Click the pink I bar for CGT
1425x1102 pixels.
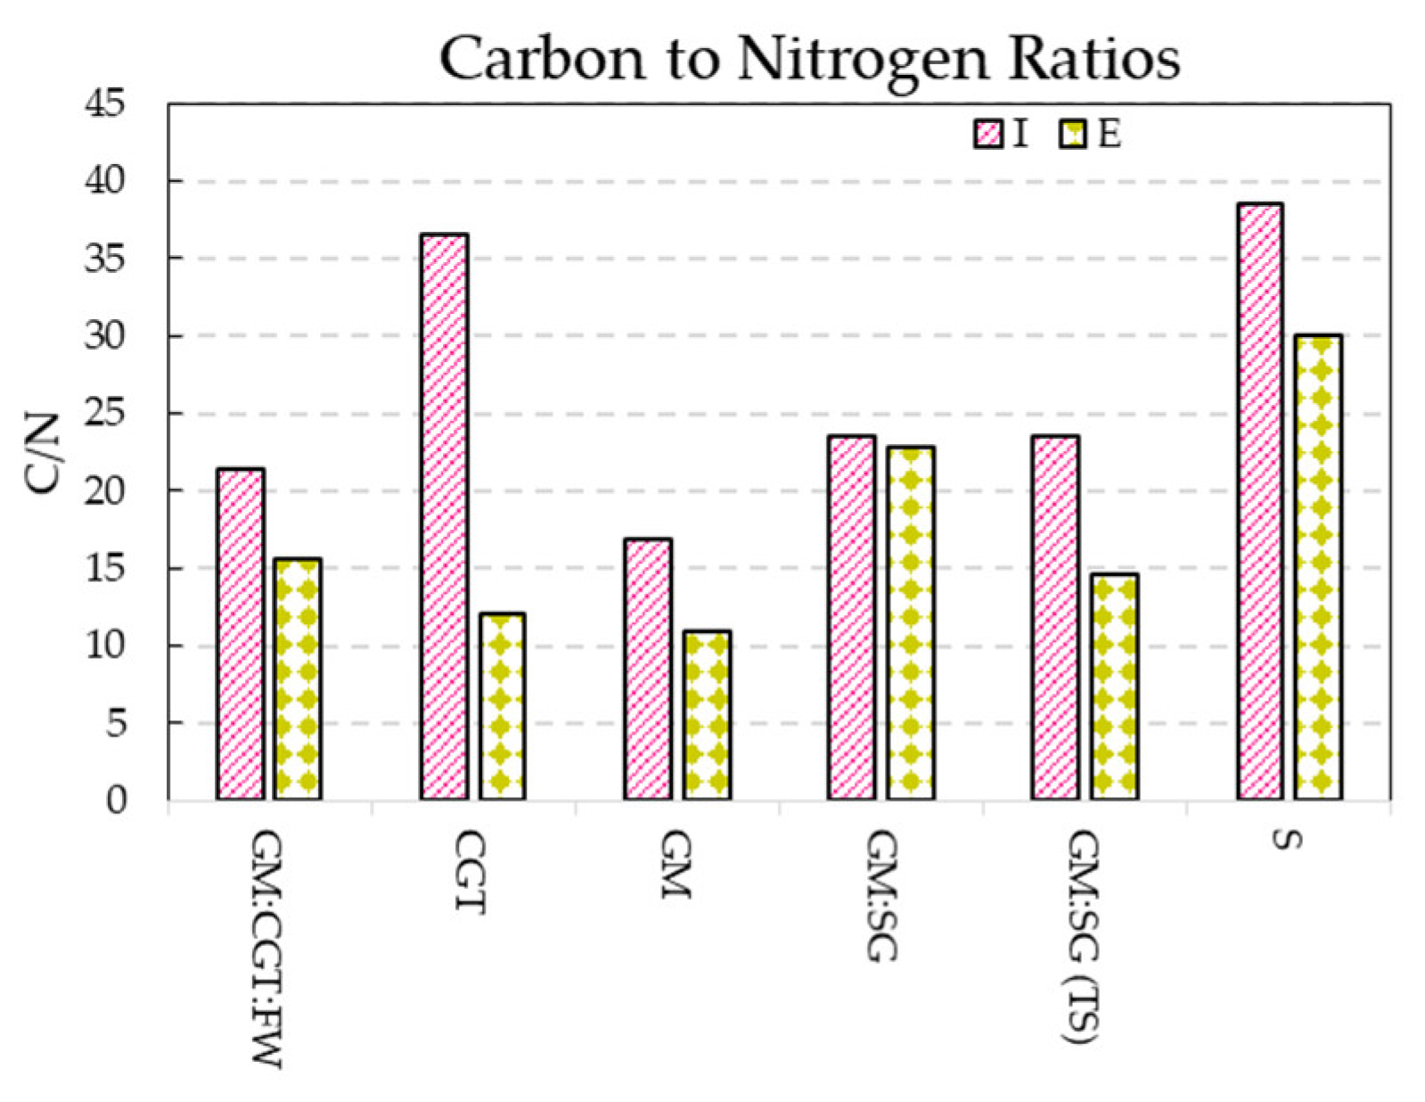point(444,516)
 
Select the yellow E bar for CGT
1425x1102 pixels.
point(502,705)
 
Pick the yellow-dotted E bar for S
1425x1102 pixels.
point(1319,567)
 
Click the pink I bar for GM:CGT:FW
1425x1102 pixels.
point(241,633)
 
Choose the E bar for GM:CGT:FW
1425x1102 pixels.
point(299,678)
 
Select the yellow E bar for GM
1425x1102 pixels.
point(707,714)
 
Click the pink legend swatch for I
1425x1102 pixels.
point(988,135)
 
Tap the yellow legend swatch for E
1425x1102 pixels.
point(1073,135)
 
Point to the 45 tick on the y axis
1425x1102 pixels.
point(117,104)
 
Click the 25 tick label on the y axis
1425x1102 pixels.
point(117,414)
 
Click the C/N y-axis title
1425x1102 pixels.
point(43,453)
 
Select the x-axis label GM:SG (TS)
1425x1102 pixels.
point(1083,936)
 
